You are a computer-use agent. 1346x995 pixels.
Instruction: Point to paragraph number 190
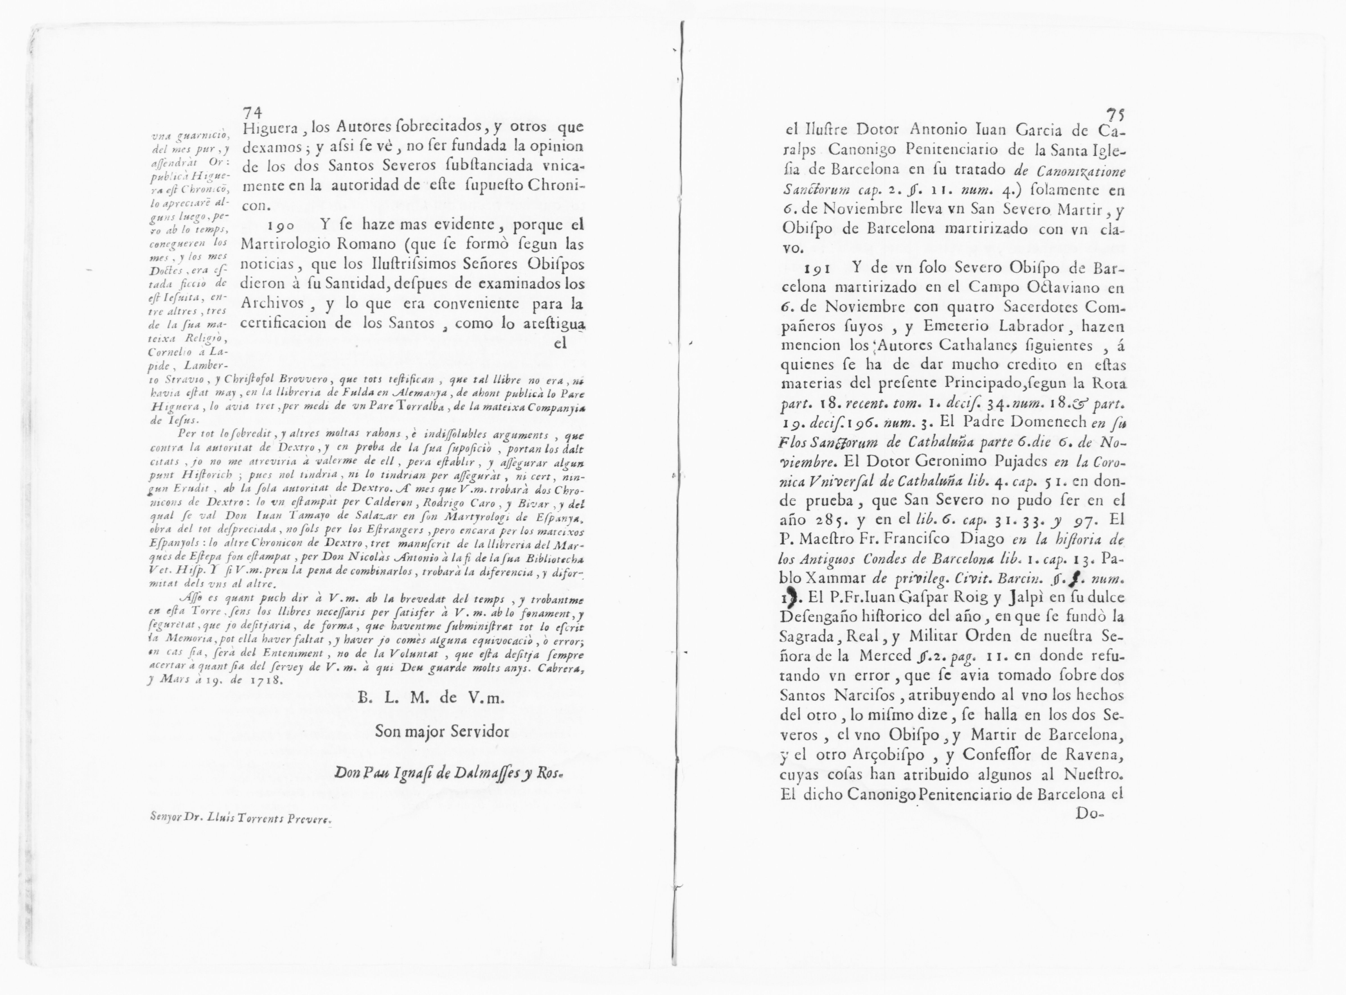[281, 225]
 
